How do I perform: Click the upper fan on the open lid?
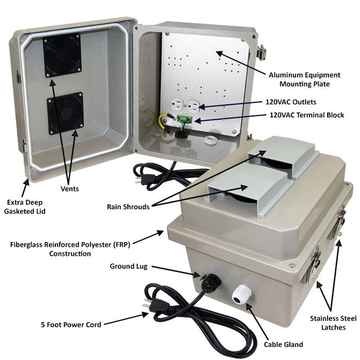click(x=62, y=55)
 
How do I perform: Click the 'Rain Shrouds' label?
click(x=127, y=207)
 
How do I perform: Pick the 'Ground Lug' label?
click(x=128, y=266)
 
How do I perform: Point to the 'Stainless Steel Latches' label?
click(x=333, y=323)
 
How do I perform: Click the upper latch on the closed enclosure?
click(x=340, y=220)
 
